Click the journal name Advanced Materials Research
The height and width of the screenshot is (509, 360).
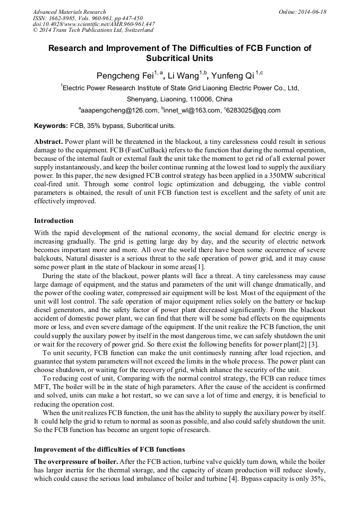69,12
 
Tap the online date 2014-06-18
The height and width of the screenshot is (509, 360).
311,12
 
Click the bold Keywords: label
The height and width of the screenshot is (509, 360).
51,126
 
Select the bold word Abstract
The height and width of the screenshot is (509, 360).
49,142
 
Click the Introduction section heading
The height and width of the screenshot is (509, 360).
54,220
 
